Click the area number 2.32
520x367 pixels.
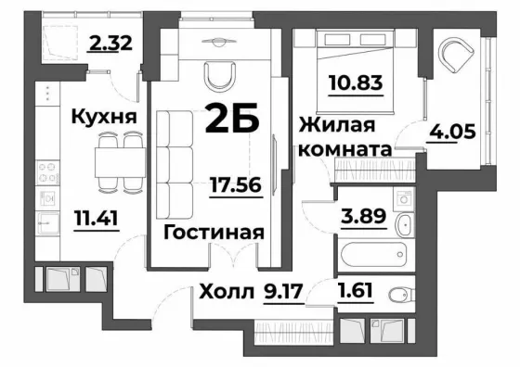110,43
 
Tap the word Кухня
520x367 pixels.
104,117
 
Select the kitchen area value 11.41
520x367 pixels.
97,218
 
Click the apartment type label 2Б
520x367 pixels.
232,118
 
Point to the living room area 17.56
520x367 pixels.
236,184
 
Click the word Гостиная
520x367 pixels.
214,233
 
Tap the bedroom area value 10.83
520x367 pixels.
356,82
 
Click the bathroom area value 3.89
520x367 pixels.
364,216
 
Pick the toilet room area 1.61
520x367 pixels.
355,290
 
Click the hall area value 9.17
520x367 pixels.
283,292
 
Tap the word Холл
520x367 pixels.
227,292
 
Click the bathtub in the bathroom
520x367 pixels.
373,254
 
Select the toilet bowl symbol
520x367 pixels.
400,294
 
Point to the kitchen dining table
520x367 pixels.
120,162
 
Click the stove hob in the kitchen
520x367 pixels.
47,172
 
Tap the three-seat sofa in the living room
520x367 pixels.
175,165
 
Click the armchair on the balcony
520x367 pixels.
456,54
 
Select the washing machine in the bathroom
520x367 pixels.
404,199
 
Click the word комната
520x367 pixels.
345,149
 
